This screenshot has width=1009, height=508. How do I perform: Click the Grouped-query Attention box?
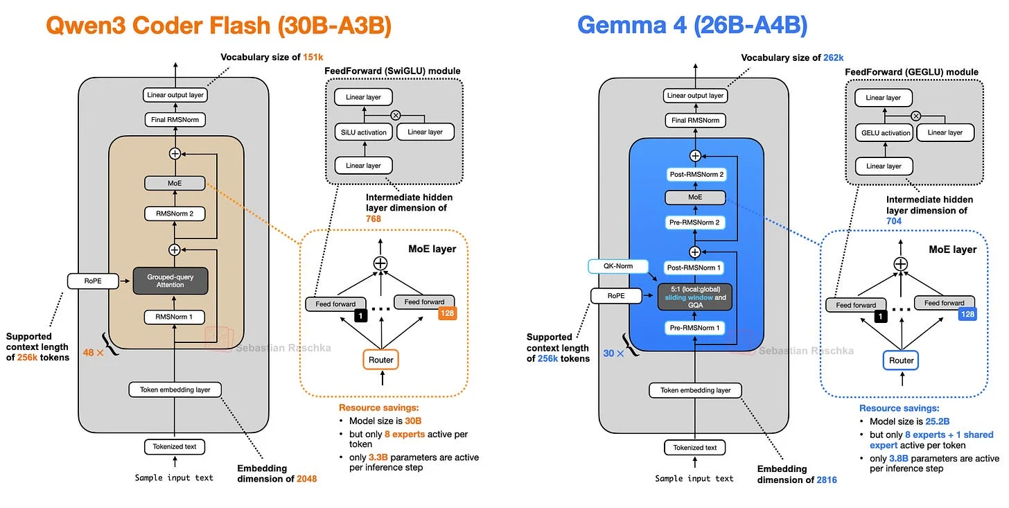pos(170,281)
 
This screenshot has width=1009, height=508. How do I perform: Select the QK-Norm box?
pos(618,266)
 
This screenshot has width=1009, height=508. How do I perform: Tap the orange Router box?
pos(380,360)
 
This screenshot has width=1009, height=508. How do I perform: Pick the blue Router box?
pos(901,360)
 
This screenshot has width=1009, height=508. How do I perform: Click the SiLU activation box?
pos(364,132)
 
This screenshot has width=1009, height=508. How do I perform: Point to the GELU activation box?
pos(884,133)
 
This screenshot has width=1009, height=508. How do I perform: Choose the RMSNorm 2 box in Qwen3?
pos(175,213)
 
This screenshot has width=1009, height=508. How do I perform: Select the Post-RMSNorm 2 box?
pos(696,174)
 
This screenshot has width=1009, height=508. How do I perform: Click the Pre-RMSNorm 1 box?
pos(694,328)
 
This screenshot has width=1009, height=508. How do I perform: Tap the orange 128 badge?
pos(447,313)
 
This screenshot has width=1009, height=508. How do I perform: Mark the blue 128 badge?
pos(967,314)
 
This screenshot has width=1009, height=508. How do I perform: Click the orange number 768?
pos(374,219)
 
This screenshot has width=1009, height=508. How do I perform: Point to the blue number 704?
pos(894,221)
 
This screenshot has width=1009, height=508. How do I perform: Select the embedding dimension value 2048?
pos(307,479)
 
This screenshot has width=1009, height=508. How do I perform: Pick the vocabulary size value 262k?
pos(833,58)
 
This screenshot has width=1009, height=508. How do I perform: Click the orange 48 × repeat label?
pos(94,353)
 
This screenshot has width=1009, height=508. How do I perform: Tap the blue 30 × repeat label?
pos(613,353)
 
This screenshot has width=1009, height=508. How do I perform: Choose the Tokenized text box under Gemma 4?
pos(694,448)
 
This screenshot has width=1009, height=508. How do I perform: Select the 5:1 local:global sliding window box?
pos(695,297)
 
